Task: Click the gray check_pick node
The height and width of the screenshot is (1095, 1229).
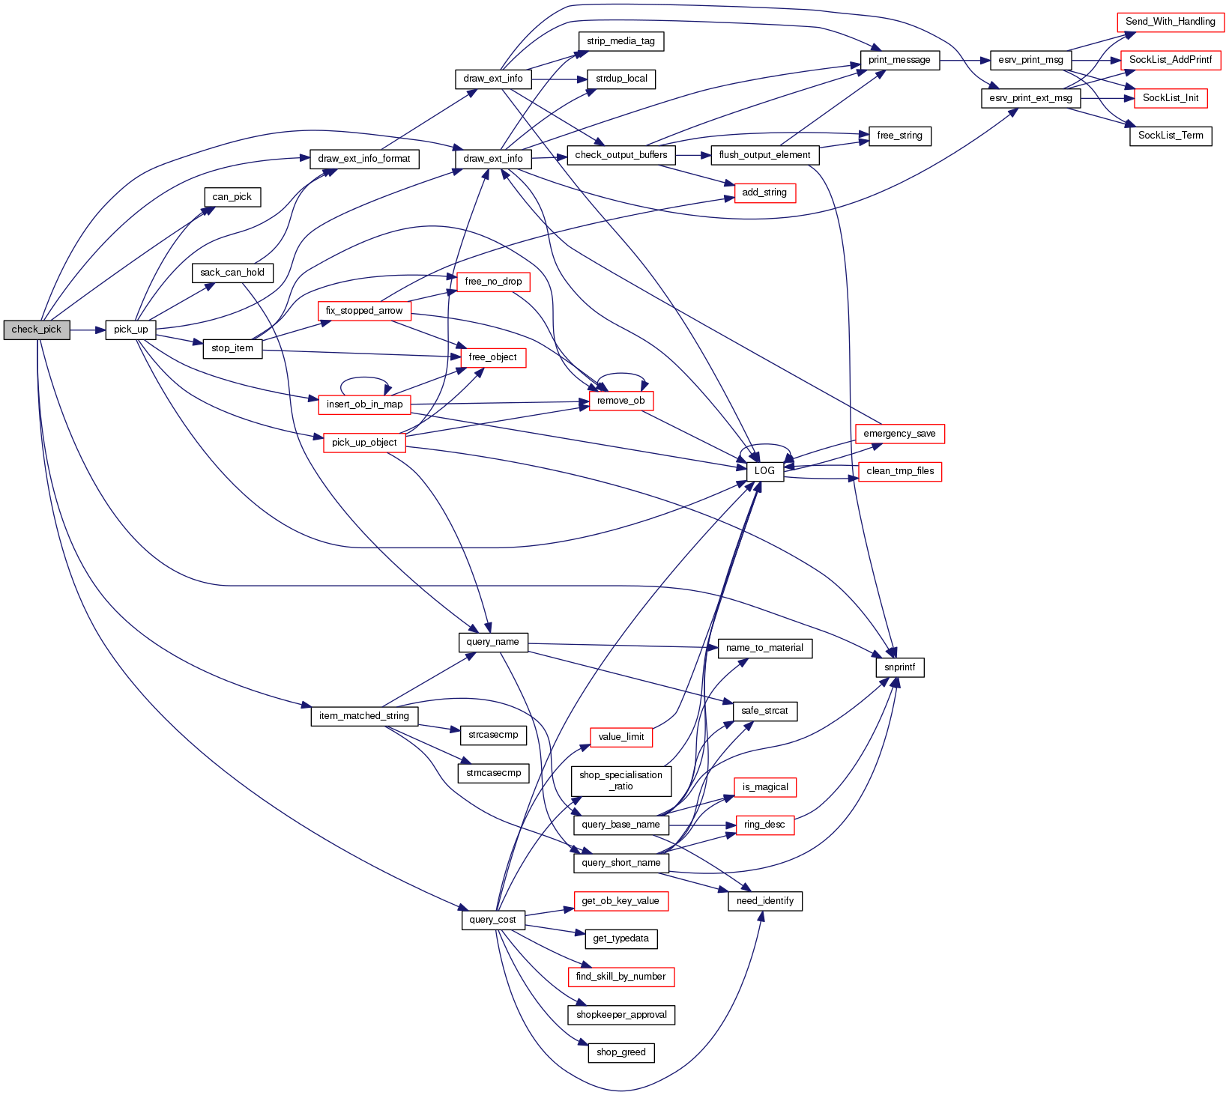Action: pos(37,330)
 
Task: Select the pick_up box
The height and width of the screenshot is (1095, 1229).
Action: pos(130,330)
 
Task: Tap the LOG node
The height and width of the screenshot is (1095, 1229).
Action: pos(764,471)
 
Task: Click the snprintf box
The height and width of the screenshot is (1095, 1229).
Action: pos(899,667)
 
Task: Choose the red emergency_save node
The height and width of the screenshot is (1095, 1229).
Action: pos(899,434)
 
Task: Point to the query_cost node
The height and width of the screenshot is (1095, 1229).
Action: pos(492,920)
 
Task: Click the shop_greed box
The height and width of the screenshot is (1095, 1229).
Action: pos(620,1052)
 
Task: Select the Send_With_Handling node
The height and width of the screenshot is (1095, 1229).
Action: pos(1170,22)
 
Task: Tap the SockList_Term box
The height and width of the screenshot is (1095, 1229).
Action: pos(1170,136)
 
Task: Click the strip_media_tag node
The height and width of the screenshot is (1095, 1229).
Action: pos(620,41)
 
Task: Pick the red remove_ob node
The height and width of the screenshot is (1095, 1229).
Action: pos(620,401)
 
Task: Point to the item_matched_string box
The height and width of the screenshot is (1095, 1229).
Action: pos(363,716)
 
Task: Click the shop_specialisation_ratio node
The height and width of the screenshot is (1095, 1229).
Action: pos(620,780)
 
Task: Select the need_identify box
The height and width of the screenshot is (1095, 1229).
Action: pos(764,901)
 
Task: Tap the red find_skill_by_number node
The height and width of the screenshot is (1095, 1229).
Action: pos(620,977)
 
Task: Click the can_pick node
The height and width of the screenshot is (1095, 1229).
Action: pos(232,197)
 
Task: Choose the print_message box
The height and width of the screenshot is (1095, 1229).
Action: pos(899,60)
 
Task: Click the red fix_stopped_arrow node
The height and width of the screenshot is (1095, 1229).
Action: pos(363,311)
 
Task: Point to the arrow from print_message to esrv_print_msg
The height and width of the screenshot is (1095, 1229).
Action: pos(964,60)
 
